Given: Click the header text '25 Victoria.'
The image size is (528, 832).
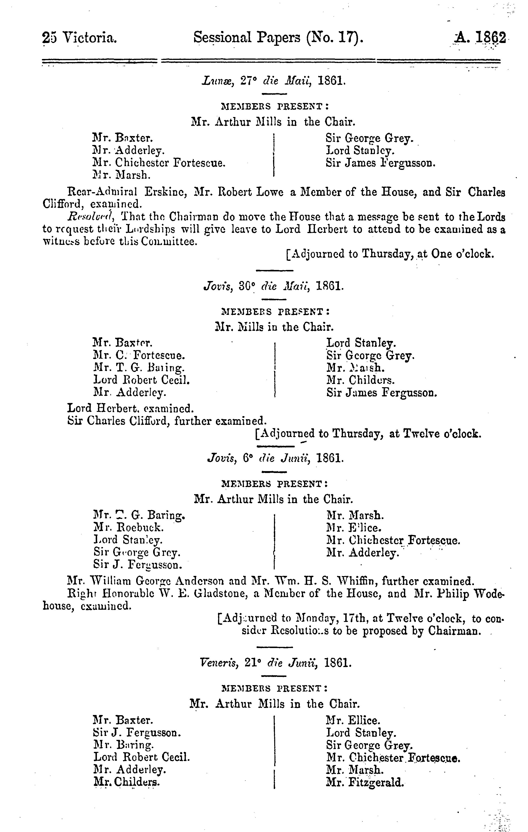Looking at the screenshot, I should tap(79, 38).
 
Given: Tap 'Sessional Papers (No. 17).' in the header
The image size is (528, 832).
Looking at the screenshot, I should tap(278, 37).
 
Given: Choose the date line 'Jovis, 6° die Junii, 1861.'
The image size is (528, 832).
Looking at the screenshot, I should tap(275, 458).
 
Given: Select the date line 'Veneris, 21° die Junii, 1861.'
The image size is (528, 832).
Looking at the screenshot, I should tap(276, 663).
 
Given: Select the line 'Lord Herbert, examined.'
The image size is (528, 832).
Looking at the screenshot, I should tap(130, 408).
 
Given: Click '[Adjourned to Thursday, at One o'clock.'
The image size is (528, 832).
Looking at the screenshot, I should tap(390, 254).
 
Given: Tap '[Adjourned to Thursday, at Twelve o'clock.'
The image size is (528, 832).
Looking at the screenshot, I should tap(368, 434).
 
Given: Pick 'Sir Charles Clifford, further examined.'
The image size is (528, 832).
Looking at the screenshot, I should tap(167, 421).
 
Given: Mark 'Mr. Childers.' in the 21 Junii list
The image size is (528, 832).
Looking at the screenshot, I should tap(127, 782).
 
